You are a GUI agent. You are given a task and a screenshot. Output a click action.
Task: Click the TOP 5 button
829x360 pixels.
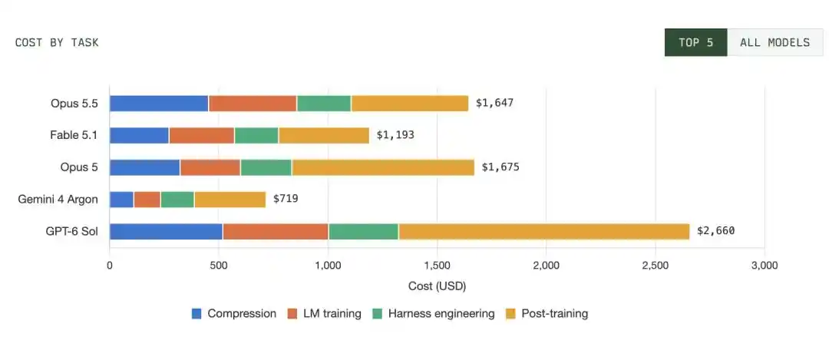(x=695, y=42)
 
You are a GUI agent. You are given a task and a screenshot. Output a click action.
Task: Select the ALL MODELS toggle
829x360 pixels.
(x=775, y=42)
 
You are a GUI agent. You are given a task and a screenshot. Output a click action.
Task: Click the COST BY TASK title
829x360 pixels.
(x=57, y=43)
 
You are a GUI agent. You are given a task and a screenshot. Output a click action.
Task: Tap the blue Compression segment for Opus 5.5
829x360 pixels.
(x=159, y=104)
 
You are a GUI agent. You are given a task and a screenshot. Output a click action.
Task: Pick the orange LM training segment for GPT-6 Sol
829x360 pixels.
(x=276, y=232)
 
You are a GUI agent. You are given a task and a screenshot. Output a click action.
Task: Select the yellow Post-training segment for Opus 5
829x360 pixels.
(x=383, y=167)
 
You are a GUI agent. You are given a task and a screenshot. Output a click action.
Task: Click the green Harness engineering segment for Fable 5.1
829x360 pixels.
(x=256, y=135)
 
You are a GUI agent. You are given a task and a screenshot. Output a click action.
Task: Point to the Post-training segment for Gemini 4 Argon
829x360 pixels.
(x=230, y=200)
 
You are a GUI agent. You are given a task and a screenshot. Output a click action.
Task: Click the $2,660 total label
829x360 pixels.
(x=716, y=230)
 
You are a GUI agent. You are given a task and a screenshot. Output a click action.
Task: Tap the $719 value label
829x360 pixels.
(x=286, y=199)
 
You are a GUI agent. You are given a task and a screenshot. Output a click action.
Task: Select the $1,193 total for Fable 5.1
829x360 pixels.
(x=395, y=135)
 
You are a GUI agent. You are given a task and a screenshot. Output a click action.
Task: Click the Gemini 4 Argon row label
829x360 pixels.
(x=58, y=200)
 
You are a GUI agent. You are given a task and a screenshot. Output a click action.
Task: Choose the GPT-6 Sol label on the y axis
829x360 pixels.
(x=71, y=232)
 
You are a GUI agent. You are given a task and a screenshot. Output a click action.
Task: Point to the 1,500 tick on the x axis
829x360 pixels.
(x=438, y=266)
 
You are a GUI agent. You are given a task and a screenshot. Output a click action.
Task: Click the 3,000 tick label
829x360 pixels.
(x=765, y=266)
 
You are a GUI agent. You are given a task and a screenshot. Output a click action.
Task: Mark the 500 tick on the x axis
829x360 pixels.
(x=218, y=266)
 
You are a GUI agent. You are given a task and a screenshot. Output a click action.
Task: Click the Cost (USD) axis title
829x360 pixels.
(x=438, y=286)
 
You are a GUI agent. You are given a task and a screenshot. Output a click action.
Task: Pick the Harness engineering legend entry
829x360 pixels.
(x=434, y=313)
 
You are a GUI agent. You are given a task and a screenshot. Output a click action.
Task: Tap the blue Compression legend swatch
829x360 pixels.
(x=197, y=313)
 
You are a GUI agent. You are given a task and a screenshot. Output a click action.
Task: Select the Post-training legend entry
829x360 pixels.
(x=547, y=313)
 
